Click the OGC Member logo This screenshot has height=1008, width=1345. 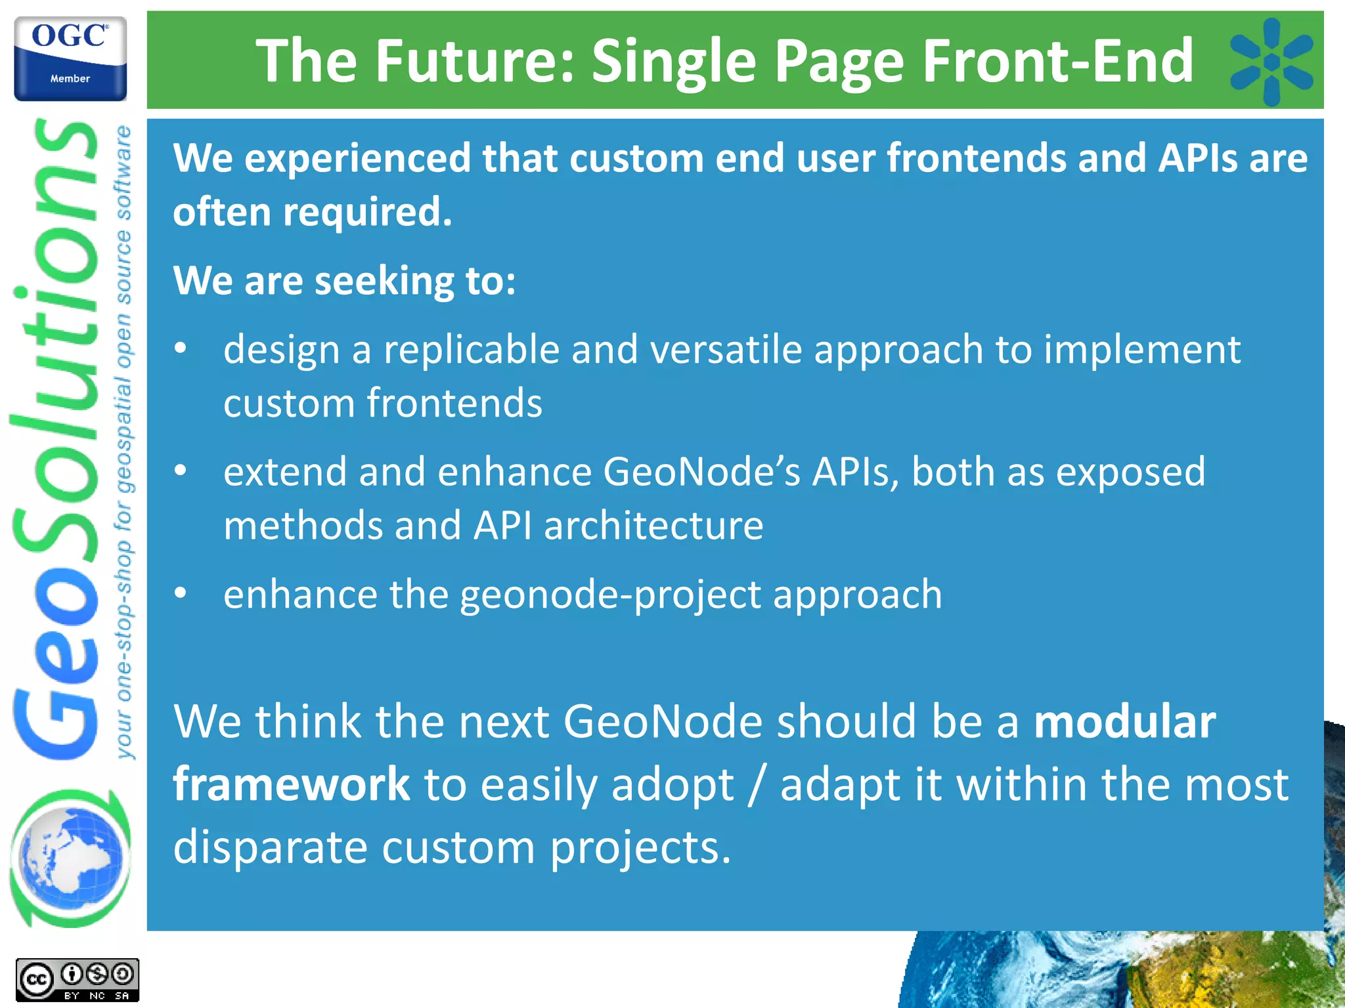pyautogui.click(x=70, y=58)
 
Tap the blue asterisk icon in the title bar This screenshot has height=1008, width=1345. pyautogui.click(x=1271, y=62)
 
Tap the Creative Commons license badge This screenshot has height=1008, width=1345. pyautogui.click(x=77, y=980)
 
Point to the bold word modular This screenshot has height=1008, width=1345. pyautogui.click(x=1124, y=721)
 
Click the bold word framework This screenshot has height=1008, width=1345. pyautogui.click(x=291, y=784)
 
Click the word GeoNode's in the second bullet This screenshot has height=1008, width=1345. pyautogui.click(x=701, y=472)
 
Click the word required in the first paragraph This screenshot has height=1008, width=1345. pyautogui.click(x=367, y=213)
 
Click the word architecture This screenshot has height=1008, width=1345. pyautogui.click(x=653, y=526)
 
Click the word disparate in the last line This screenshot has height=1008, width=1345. pyautogui.click(x=270, y=847)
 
